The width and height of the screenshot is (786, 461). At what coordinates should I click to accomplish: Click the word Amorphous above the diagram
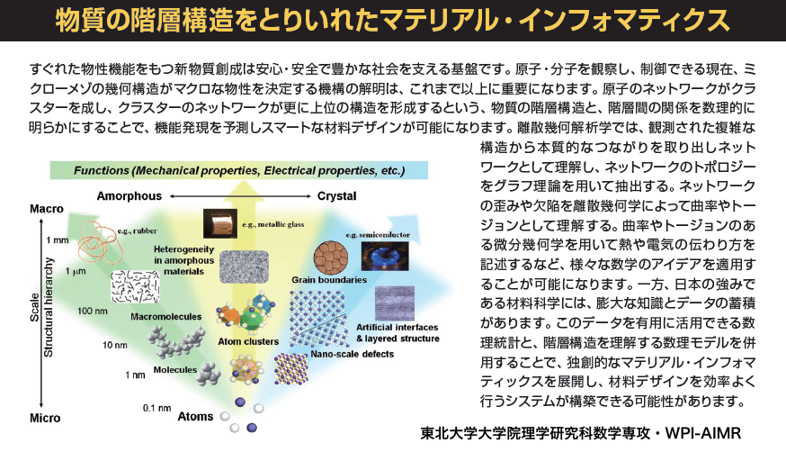coord(130,196)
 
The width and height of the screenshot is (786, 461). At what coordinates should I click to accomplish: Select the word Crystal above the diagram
coord(337,196)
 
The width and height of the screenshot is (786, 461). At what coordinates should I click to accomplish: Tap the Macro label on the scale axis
coord(47,209)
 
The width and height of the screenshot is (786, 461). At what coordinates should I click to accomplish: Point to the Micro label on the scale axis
coord(45,418)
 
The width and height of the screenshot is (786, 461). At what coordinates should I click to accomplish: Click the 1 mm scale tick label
coord(58,240)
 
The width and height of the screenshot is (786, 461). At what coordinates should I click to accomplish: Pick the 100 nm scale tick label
coord(93,311)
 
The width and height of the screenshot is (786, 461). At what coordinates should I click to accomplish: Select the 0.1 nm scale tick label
coord(156,408)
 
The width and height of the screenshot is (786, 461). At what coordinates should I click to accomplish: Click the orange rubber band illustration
coord(98,243)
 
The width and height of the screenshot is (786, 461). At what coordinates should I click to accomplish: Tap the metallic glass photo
coord(220,223)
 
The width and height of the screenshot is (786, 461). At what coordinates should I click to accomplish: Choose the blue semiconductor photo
coord(385,256)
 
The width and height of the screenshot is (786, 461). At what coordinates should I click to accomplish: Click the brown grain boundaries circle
coord(331,258)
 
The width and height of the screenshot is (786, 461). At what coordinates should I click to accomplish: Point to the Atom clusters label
coord(248,341)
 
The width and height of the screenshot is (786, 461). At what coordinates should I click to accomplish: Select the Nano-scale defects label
coord(353,354)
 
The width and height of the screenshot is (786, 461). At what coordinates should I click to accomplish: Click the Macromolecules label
coord(165,317)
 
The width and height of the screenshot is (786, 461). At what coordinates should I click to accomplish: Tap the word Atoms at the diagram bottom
coord(195,416)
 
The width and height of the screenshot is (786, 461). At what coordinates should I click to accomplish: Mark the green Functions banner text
coord(239,170)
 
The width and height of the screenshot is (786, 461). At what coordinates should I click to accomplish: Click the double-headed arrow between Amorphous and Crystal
coord(240,196)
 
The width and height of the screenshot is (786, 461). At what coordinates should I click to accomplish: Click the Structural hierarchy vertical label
coord(49,308)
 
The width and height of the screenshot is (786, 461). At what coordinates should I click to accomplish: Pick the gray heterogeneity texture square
coord(244,267)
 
